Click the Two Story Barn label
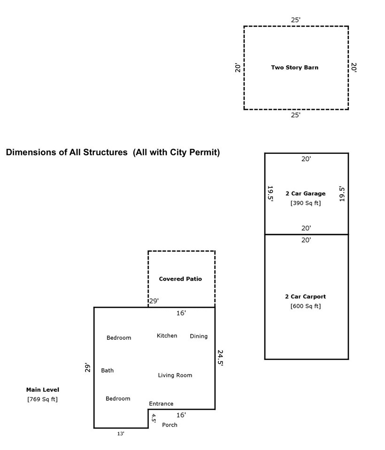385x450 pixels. [x=294, y=68]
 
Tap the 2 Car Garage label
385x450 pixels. [x=305, y=193]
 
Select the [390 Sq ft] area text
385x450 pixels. [x=305, y=203]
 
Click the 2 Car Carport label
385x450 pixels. [x=305, y=297]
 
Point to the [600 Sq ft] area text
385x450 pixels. [x=305, y=306]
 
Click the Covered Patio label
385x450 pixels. [x=180, y=279]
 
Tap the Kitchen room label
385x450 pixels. [x=167, y=336]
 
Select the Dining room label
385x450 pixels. [x=199, y=336]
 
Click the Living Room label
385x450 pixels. [x=175, y=375]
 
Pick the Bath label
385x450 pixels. [x=107, y=370]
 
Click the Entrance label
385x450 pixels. [x=161, y=404]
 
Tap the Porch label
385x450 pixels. [x=169, y=425]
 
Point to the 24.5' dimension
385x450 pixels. [x=220, y=357]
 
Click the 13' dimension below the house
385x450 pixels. [x=121, y=434]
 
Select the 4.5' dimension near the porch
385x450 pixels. [x=154, y=418]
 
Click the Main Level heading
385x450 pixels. [x=43, y=389]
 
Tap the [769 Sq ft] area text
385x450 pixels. [x=43, y=399]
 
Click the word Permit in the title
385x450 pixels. [x=201, y=153]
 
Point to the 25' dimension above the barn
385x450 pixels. [x=296, y=20]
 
